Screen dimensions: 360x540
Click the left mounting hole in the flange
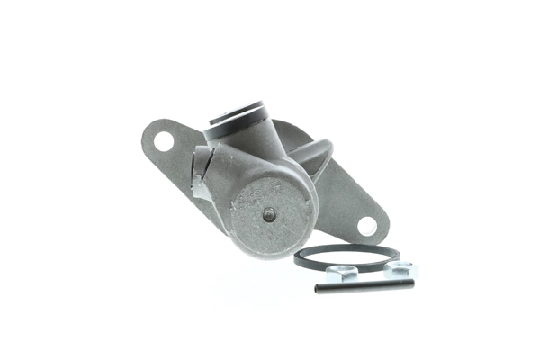pos(164,141)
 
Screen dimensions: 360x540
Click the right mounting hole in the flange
pos(368,225)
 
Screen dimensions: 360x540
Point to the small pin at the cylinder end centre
pos(268,213)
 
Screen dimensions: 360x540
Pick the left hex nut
pos(343,271)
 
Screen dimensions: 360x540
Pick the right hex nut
pos(400,269)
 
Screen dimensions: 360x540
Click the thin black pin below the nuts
pos(364,285)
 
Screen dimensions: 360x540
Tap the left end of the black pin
pos(318,289)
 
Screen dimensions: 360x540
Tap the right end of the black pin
pos(411,283)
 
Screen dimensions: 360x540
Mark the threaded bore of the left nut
pos(343,270)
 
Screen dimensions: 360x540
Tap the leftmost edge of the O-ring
pos(296,259)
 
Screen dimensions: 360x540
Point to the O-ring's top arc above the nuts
pos(346,247)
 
